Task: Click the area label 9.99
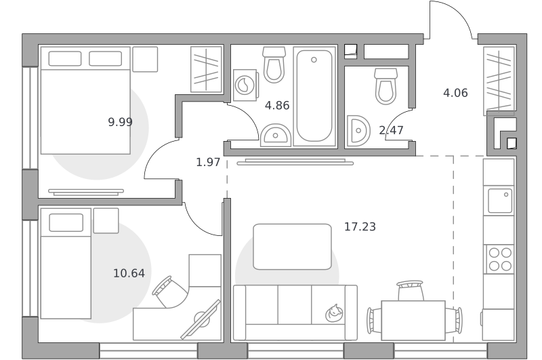coord(121,122)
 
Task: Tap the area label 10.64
coord(129,273)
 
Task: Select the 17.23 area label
coord(360,226)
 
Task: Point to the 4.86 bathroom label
coord(277,105)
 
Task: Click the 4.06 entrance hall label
coord(455,93)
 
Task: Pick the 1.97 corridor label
coord(208,162)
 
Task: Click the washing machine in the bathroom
coord(245,85)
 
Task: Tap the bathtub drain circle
coord(314,60)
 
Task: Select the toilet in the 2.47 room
coord(385,86)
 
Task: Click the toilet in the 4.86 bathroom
coord(274,64)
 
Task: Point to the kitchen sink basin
coord(500,201)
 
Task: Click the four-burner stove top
coord(500,259)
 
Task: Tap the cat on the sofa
coord(334,313)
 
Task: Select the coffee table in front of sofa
coord(293,247)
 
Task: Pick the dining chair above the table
coord(411,290)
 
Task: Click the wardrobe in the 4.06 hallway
coord(499,81)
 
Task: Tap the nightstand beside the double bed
coord(145,60)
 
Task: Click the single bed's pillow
coord(66,222)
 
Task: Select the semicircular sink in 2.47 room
coord(358,131)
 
